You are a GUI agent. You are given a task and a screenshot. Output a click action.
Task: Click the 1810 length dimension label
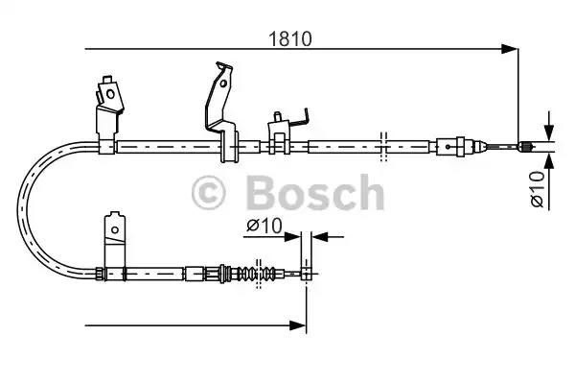click(290, 38)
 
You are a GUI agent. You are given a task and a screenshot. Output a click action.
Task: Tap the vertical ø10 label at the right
click(538, 189)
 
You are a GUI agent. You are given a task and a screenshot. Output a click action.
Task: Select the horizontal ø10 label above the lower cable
click(264, 225)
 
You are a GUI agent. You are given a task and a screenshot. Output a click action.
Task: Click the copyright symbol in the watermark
click(208, 193)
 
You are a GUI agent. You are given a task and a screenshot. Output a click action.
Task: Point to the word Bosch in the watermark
click(315, 192)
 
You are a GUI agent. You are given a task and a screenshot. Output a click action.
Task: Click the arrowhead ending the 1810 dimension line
click(510, 49)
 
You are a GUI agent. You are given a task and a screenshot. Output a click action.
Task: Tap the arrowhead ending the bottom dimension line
click(297, 325)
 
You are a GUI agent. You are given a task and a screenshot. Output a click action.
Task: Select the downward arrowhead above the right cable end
click(549, 132)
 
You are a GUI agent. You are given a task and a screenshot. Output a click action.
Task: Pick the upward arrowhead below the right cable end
click(549, 162)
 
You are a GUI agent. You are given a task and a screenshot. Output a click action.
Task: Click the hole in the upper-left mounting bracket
click(110, 94)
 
